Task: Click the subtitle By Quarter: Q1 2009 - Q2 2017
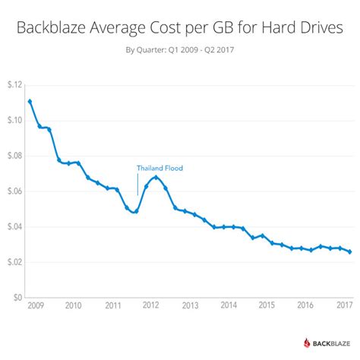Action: click(180, 53)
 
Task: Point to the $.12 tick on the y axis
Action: click(14, 84)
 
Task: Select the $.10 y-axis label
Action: click(14, 120)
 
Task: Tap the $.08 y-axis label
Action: click(14, 156)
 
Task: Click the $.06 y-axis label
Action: click(14, 191)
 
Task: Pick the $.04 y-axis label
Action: click(14, 227)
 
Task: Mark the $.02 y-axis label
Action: click(14, 263)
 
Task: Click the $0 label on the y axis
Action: click(17, 298)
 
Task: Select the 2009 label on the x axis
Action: click(34, 306)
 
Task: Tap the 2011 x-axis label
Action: click(112, 306)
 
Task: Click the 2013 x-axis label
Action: click(189, 306)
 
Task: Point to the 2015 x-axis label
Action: click(267, 306)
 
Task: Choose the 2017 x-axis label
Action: click(343, 306)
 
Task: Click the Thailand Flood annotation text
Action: click(159, 168)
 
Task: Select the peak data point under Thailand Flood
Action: click(156, 177)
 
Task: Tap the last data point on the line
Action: click(349, 251)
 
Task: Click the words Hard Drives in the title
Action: click(302, 30)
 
